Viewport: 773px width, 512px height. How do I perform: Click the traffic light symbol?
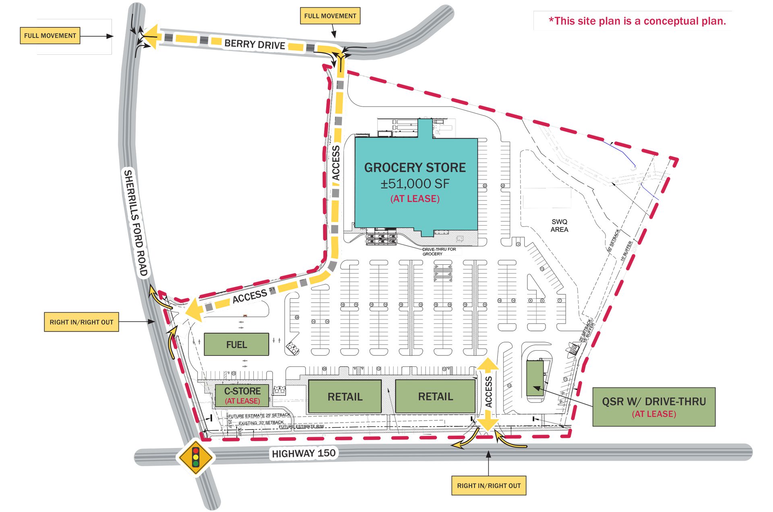[x=196, y=457]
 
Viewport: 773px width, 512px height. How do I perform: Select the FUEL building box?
[x=236, y=345]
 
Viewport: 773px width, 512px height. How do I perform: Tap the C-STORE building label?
[x=242, y=391]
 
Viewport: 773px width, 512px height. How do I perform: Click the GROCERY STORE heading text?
[x=415, y=167]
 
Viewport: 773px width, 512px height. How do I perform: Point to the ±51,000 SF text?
[x=415, y=184]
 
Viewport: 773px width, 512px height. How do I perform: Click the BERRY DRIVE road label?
[x=254, y=44]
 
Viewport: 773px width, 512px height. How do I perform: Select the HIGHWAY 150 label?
[x=304, y=454]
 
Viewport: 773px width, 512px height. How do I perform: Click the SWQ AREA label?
[x=559, y=225]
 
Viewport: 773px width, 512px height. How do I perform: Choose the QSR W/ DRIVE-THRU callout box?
[x=653, y=407]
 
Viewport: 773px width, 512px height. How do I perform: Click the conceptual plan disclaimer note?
[x=637, y=21]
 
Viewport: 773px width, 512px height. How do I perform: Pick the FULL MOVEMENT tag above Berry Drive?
[x=330, y=16]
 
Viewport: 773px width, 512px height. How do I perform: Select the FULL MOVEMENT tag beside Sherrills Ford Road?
[x=50, y=35]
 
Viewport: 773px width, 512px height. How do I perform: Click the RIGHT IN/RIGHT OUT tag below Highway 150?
[x=488, y=486]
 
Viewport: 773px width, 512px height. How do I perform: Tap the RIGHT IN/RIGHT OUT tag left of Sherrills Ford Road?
[x=81, y=322]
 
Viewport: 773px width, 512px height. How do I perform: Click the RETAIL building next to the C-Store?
[x=345, y=396]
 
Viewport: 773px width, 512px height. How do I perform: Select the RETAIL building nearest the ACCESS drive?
[x=435, y=396]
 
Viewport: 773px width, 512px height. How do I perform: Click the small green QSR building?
[x=535, y=378]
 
